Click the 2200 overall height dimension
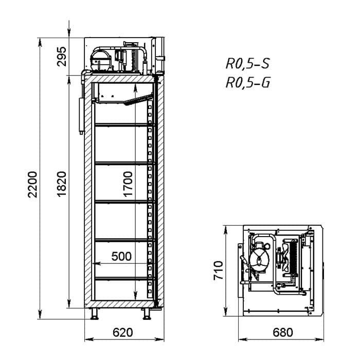click(32, 184)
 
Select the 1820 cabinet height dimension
click(62, 184)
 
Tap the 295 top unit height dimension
click(62, 57)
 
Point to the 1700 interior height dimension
click(128, 184)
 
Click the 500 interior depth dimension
click(121, 256)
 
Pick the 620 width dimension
click(123, 332)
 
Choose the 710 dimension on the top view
click(219, 270)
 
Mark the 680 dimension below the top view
click(283, 332)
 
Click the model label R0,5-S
click(247, 64)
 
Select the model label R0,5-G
click(248, 82)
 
